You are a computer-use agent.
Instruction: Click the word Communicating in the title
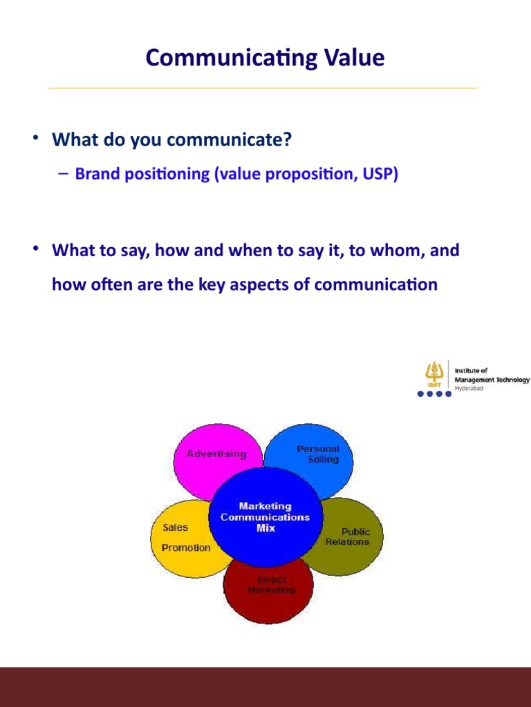point(220,58)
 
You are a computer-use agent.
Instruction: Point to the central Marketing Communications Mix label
point(265,517)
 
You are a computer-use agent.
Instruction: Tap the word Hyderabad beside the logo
point(469,389)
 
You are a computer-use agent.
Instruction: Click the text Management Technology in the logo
point(492,380)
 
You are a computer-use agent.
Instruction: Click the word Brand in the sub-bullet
point(93,174)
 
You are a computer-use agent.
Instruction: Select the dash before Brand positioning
point(63,174)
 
